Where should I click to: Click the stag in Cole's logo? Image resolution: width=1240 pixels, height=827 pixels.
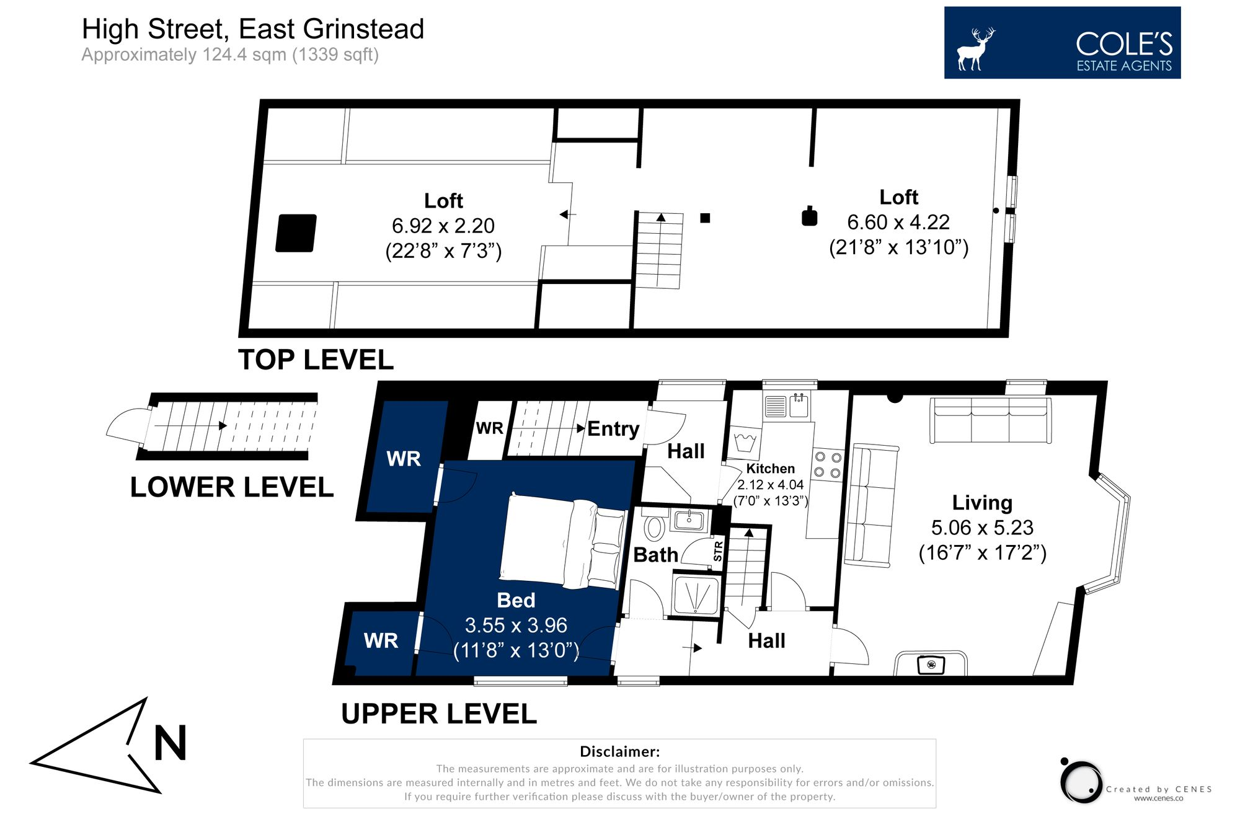975,50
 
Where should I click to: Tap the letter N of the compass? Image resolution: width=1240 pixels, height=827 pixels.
170,743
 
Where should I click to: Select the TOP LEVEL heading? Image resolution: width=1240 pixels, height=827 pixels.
316,360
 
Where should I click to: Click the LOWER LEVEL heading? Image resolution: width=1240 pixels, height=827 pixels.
232,487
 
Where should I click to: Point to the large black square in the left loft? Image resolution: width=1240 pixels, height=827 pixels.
296,233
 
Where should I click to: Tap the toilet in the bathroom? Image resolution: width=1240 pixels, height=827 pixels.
655,528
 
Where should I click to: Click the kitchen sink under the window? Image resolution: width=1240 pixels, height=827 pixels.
799,405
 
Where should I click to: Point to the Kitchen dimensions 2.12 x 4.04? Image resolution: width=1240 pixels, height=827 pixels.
770,485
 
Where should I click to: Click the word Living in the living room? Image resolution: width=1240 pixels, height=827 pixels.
982,503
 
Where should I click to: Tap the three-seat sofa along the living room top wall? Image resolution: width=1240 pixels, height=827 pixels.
990,420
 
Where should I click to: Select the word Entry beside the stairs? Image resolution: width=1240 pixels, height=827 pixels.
613,429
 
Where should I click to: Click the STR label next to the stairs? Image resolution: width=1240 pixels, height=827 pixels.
718,551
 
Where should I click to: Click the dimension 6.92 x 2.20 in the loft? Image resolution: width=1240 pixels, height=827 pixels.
443,226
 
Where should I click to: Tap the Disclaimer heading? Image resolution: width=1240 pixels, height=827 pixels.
619,752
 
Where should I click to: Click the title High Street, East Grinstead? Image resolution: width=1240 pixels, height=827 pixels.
253,29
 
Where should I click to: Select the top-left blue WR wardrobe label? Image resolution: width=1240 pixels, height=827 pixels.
404,459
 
